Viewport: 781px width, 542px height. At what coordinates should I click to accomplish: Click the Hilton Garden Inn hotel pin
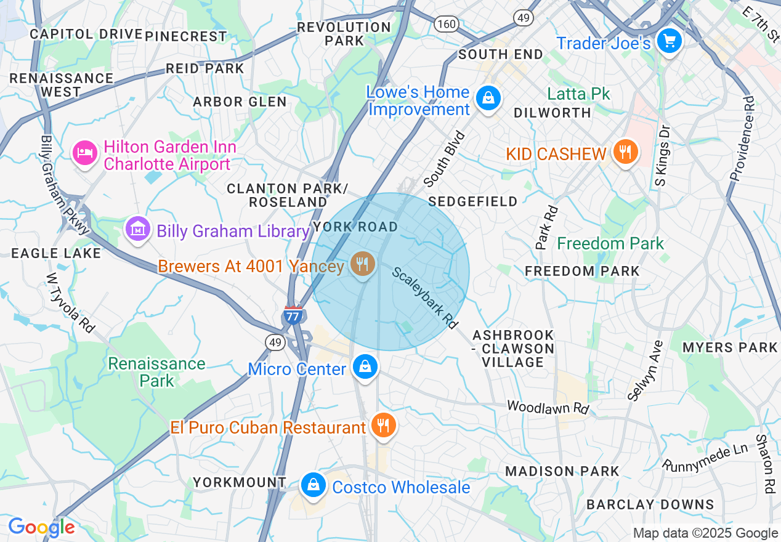tap(84, 152)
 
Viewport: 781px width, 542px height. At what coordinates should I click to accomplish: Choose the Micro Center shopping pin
tap(365, 367)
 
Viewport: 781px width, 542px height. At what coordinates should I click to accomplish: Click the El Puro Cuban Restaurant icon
tap(383, 425)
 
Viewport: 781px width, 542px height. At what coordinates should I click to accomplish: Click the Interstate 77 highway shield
tap(293, 316)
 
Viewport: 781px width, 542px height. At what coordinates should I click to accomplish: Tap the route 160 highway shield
tap(446, 24)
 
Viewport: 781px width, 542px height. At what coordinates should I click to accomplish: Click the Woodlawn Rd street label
tap(548, 407)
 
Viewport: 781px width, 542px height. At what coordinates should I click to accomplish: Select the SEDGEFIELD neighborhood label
tap(473, 201)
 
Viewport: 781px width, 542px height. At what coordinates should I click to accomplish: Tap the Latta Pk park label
tap(579, 94)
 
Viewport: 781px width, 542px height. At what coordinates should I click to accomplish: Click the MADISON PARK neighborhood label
tap(562, 471)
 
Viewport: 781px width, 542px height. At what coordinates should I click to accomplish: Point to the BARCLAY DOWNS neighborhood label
tap(650, 504)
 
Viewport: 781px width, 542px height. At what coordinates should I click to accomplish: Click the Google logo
tap(41, 527)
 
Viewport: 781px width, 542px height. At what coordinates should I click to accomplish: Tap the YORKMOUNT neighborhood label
tap(240, 482)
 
